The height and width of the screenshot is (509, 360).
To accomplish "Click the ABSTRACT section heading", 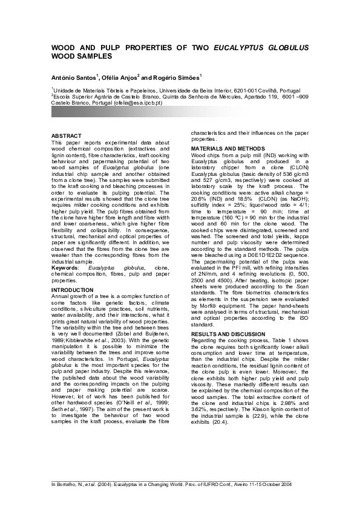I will click(65, 135).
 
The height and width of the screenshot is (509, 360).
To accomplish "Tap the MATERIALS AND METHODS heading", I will click(228, 148).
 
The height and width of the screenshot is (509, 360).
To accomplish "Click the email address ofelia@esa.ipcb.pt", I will click(141, 104).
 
